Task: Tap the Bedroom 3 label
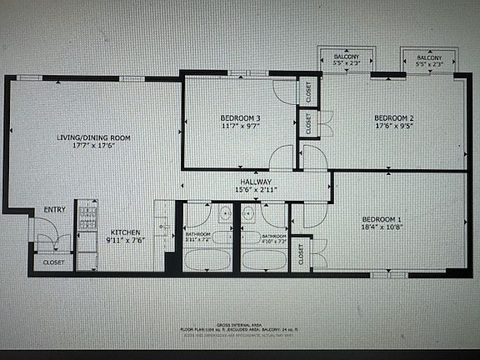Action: (x=240, y=117)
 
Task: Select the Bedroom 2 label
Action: (x=393, y=117)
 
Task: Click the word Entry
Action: (x=55, y=209)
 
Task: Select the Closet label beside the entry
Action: (x=53, y=262)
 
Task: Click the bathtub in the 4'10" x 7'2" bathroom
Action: (x=263, y=260)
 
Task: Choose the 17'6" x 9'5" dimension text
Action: (x=393, y=126)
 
